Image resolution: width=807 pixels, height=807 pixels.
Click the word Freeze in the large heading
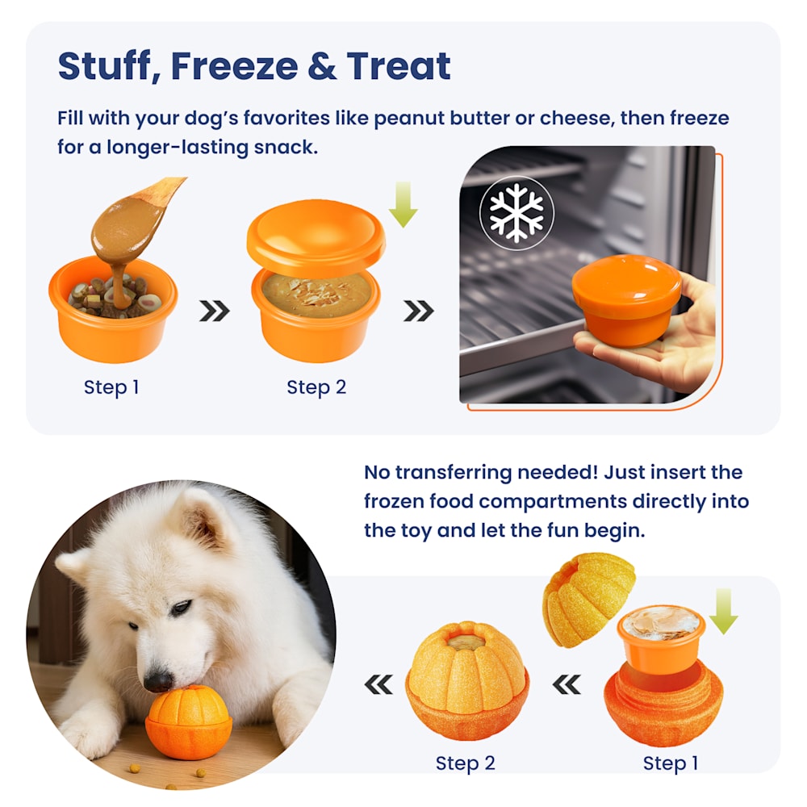tap(234, 66)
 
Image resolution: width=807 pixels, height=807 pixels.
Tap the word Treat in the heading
tap(399, 66)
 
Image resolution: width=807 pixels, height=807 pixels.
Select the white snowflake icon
tap(516, 212)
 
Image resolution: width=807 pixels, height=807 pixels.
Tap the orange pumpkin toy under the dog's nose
tap(188, 722)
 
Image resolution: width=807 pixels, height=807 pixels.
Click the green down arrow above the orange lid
tap(403, 204)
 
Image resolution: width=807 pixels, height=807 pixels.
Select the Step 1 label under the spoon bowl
tap(111, 387)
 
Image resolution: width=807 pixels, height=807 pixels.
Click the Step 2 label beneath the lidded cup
tap(316, 387)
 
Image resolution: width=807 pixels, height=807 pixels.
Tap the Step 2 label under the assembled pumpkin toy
tap(466, 763)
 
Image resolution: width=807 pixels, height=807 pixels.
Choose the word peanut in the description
tap(408, 119)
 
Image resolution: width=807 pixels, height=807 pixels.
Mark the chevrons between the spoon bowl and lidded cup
tap(215, 311)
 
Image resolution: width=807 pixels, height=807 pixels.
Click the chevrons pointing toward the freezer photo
tap(419, 311)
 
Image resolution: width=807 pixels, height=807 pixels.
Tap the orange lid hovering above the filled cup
tap(316, 237)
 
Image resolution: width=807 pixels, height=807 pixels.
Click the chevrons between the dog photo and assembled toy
tap(378, 684)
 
